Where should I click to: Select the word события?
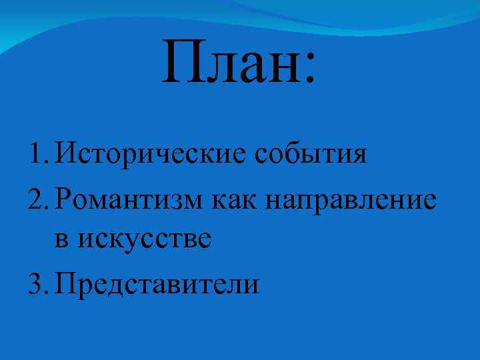tap(311, 155)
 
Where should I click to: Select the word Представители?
tap(157, 284)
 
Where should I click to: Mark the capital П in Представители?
tap(67, 284)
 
